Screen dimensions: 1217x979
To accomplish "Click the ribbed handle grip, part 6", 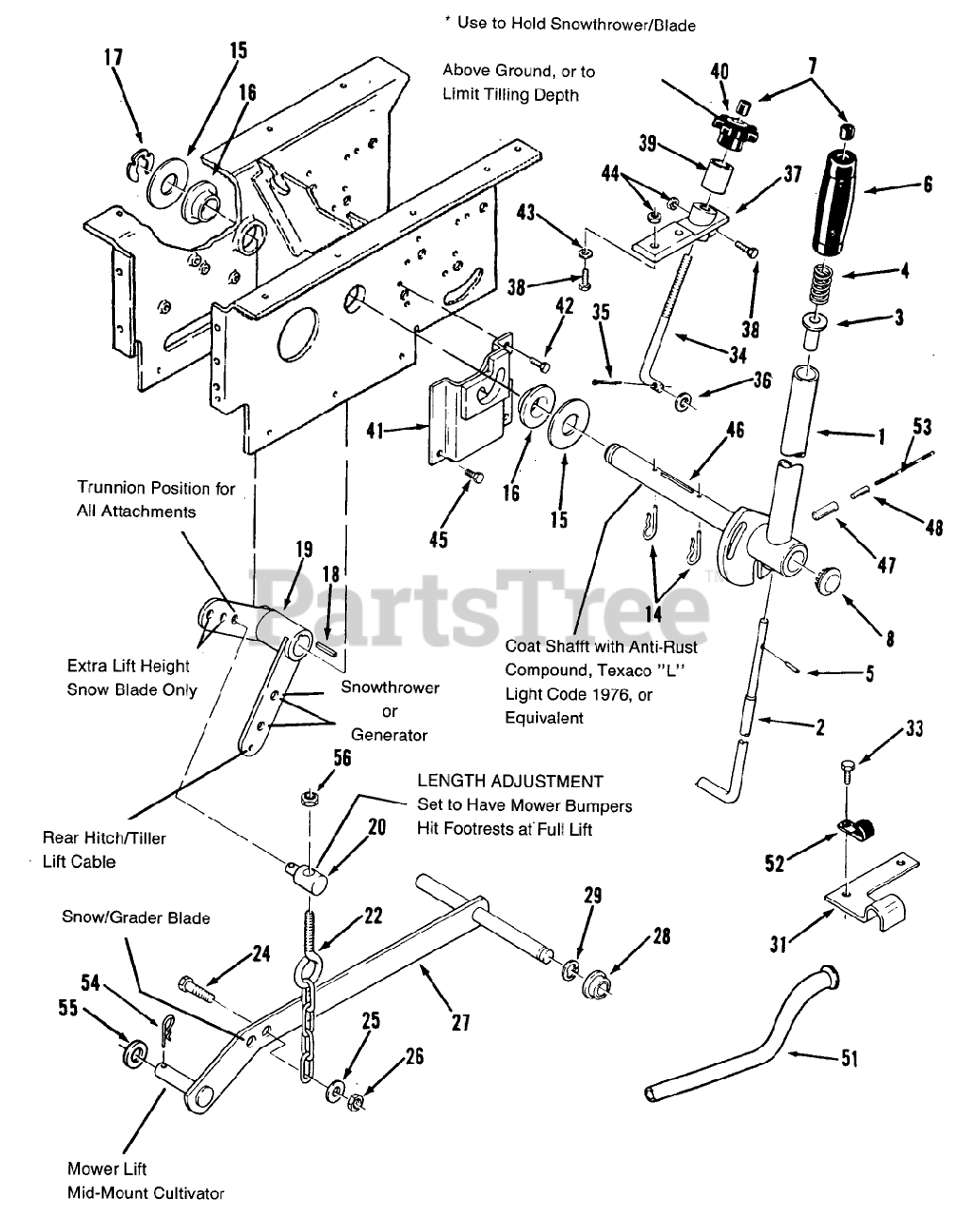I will (x=836, y=201).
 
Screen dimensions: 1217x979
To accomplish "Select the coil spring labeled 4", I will (x=824, y=284).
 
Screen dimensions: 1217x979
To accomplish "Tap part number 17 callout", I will (x=113, y=58).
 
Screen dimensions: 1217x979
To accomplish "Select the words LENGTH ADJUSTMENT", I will (x=509, y=781).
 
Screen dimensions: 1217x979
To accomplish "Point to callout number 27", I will (x=460, y=1022).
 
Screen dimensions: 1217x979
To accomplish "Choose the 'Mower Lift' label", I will (x=107, y=1169).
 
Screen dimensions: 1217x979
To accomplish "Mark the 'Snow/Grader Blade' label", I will (x=136, y=918).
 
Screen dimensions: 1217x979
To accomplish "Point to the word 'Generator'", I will (x=389, y=734).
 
